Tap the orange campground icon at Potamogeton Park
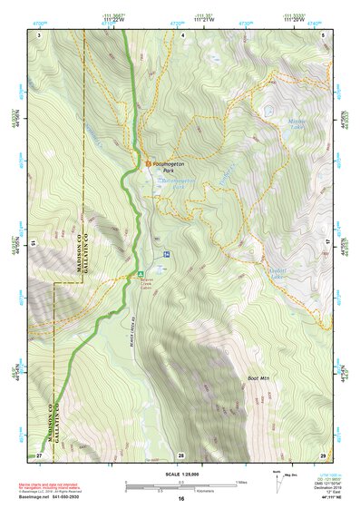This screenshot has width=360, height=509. pyautogui.click(x=151, y=162)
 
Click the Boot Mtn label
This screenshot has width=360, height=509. pyautogui.click(x=258, y=377)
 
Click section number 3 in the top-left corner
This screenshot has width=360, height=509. pyautogui.click(x=40, y=34)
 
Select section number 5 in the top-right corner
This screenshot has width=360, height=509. pyautogui.click(x=324, y=34)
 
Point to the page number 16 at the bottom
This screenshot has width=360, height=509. pyautogui.click(x=180, y=498)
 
